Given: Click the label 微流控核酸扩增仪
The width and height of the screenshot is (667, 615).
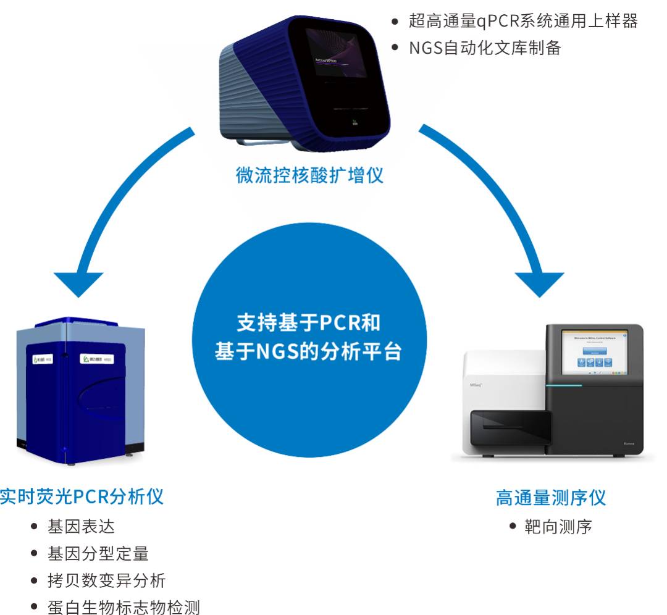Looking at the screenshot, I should (309, 175).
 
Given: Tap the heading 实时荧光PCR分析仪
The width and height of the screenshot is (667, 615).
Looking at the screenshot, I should (82, 496).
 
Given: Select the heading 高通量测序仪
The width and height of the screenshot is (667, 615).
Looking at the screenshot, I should (551, 498).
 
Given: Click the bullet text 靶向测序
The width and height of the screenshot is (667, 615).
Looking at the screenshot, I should (558, 527).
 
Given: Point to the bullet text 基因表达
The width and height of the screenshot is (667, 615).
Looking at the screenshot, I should (81, 527).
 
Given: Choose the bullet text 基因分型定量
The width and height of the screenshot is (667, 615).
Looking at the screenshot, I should (98, 554).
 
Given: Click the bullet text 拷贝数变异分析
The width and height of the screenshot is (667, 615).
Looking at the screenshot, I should (107, 580).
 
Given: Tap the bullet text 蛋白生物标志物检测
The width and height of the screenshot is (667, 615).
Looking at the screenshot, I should (124, 608).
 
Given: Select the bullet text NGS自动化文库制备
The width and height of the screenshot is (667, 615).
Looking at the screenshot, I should (485, 48).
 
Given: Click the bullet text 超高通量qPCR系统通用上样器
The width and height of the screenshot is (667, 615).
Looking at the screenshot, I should (523, 21).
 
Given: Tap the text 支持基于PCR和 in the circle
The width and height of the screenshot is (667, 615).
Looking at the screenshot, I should (309, 322).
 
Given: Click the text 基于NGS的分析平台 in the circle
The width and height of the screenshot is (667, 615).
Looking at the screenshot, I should (309, 351).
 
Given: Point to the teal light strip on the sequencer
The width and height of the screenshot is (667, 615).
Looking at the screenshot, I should (563, 385).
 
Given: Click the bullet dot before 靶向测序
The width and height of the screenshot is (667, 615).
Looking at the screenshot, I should (513, 526).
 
